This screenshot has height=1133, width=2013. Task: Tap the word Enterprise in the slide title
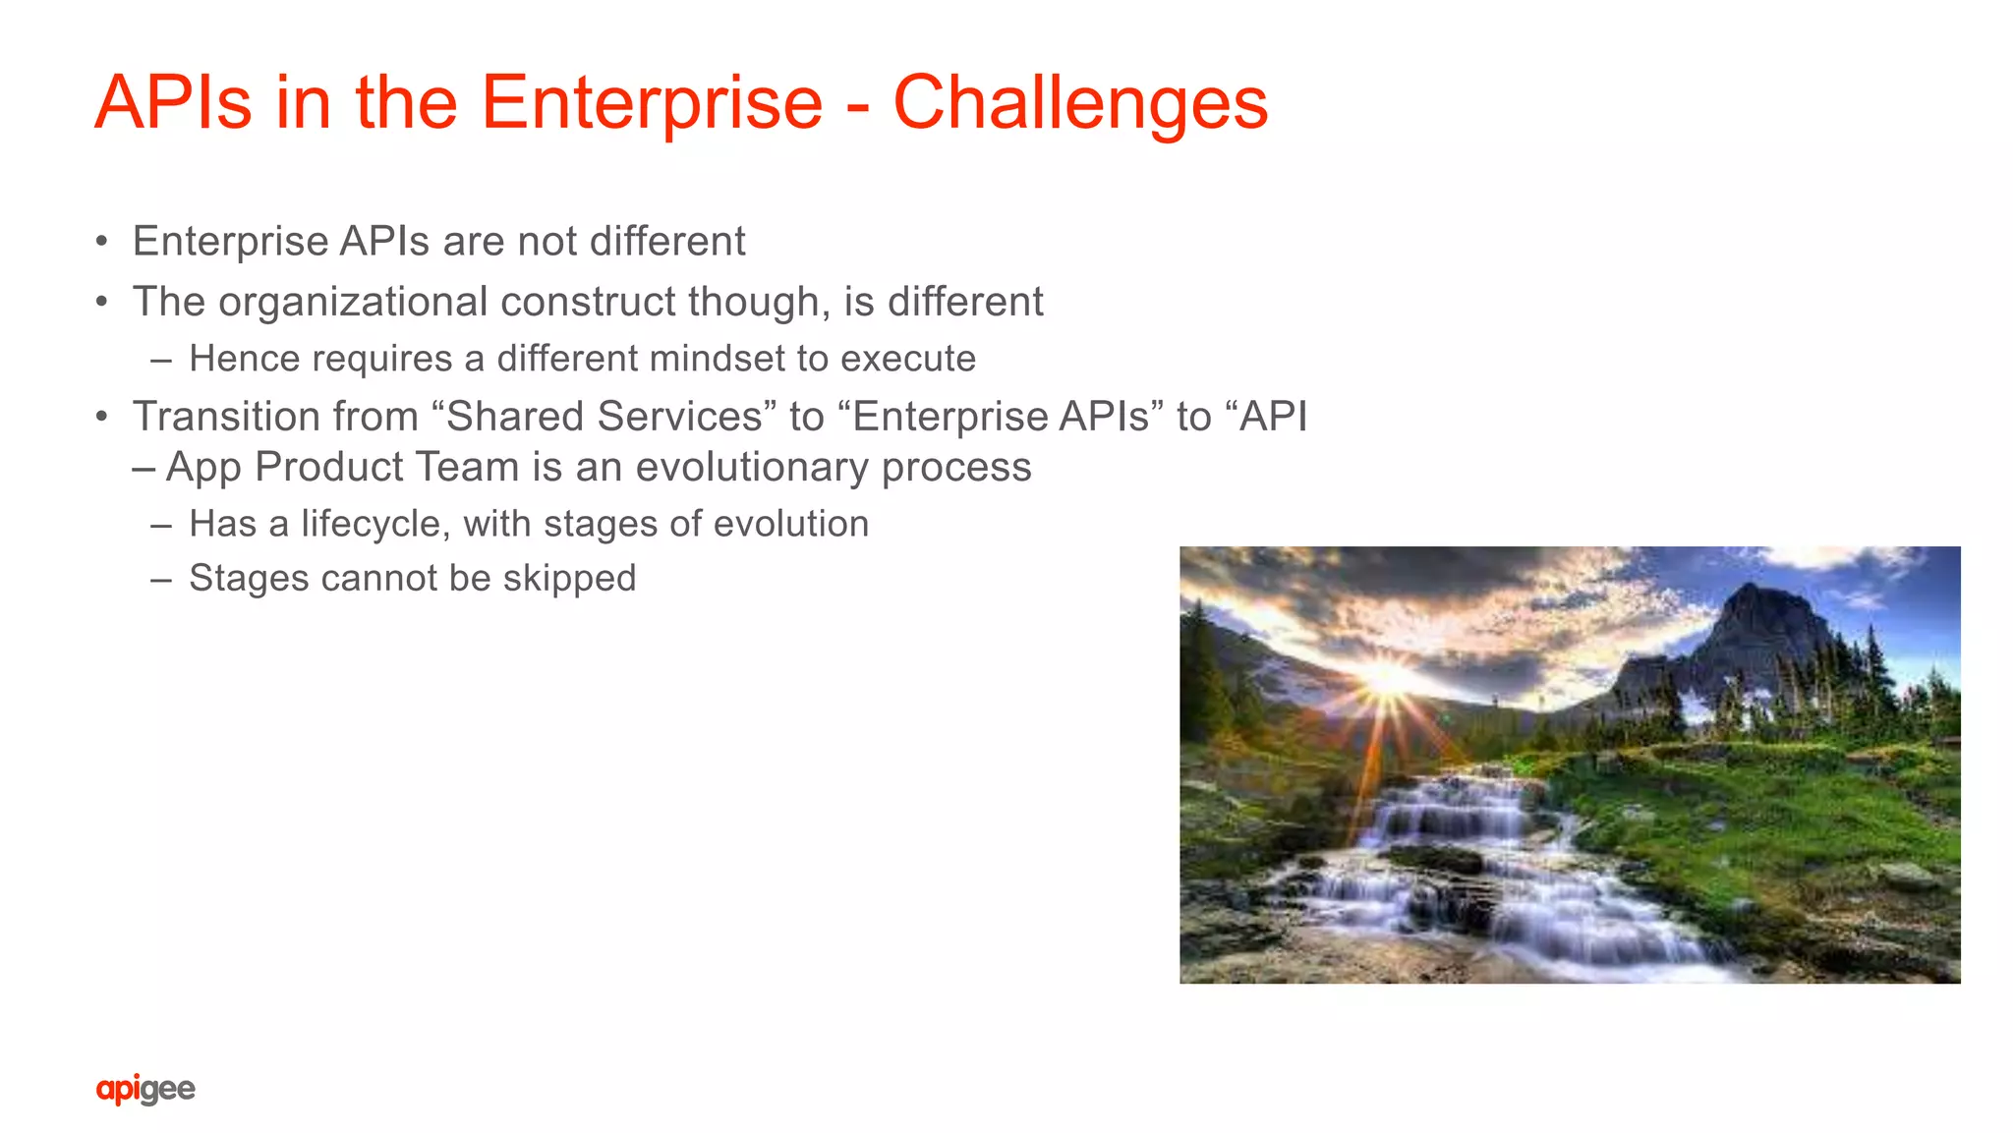[x=652, y=103]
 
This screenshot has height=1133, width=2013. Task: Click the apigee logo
[x=145, y=1089]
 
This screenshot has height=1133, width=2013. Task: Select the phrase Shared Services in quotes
[x=604, y=417]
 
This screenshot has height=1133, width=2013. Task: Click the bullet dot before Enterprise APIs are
[x=101, y=242]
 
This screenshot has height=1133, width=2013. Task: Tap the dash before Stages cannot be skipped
[x=161, y=579]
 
